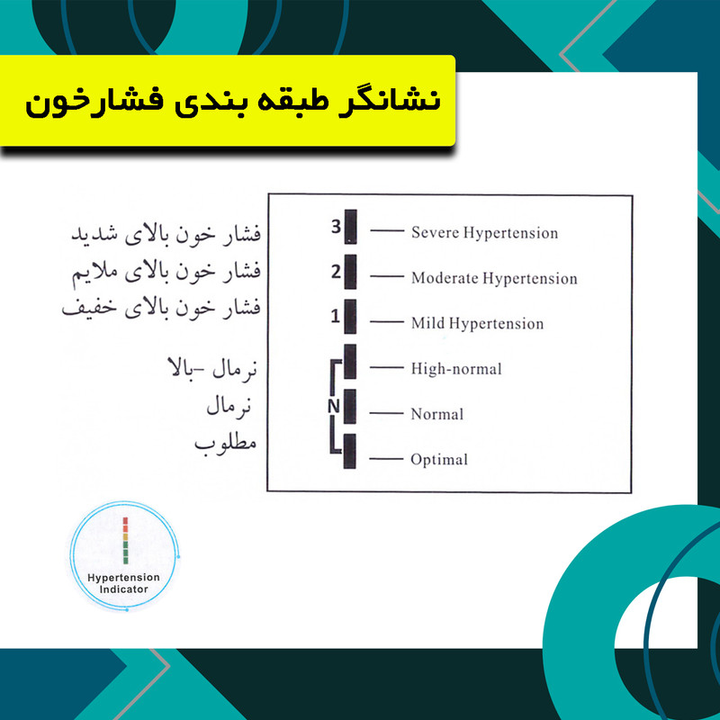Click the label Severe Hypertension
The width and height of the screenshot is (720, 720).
point(484,233)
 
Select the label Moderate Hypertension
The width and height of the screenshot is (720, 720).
point(494,278)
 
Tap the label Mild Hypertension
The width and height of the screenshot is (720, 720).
point(477,323)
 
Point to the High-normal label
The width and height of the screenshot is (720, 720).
point(456,368)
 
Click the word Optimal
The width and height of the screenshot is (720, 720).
point(439,460)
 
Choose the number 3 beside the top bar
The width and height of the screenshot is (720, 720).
point(336,227)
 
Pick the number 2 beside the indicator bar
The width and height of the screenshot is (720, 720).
point(336,270)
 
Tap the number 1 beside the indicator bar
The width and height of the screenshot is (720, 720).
point(335,316)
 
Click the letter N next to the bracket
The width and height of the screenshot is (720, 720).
point(333,407)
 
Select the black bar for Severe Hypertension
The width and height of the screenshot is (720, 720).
point(351,226)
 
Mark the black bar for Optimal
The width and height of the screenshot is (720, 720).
point(351,452)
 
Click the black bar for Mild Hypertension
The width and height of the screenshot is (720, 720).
point(351,316)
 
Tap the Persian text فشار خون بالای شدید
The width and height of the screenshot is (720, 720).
point(165,235)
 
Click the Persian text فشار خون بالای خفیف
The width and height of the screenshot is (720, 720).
point(161,308)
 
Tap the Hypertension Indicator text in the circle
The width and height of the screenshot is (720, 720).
point(124,582)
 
